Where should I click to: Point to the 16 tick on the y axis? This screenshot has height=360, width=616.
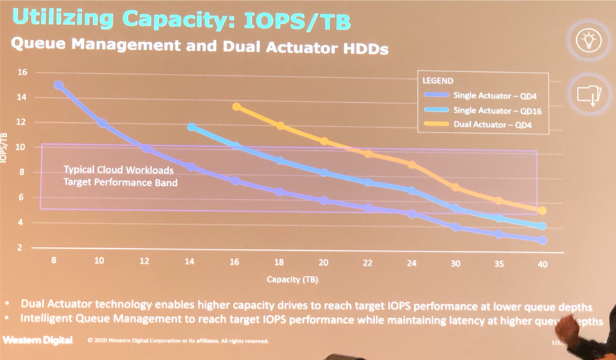tap(22, 72)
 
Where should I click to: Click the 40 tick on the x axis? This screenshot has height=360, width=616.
tap(543, 264)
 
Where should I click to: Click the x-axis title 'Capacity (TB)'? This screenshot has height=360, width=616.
tap(292, 280)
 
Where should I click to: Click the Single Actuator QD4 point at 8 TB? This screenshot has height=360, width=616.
tap(58, 85)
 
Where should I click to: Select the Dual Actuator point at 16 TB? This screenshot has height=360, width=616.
tap(236, 107)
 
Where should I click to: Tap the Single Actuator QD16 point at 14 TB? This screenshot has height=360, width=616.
tap(191, 127)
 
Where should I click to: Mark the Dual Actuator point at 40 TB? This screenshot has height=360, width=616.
tap(543, 210)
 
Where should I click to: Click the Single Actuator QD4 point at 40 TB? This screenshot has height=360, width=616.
tap(543, 240)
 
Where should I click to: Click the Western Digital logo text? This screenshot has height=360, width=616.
tap(38, 339)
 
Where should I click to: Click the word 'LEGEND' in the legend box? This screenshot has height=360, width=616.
tap(437, 82)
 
